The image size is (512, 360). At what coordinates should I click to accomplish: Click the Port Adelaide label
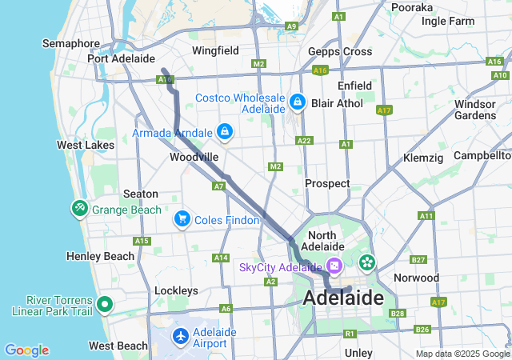(x=121, y=58)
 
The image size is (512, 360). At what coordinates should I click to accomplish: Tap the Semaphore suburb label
(x=71, y=43)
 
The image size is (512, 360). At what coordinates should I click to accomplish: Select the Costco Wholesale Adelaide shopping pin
(x=298, y=102)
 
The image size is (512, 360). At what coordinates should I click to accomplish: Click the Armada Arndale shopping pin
(x=225, y=131)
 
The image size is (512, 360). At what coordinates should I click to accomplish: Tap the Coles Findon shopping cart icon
(x=182, y=218)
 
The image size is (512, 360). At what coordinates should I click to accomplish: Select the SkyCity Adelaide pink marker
(x=334, y=266)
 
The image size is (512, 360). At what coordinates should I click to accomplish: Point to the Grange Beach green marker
(x=79, y=209)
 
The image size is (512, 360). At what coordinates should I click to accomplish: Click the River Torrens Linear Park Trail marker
(x=105, y=304)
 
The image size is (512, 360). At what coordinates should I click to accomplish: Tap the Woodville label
(x=194, y=158)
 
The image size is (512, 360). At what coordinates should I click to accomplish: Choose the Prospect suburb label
(x=327, y=183)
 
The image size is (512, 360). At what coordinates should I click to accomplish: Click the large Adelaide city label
(x=343, y=298)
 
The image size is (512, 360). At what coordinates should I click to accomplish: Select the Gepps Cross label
(x=340, y=51)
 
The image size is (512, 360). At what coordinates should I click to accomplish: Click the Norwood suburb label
(x=416, y=278)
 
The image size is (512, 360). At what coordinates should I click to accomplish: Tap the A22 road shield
(x=304, y=140)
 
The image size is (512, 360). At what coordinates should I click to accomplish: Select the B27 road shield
(x=418, y=259)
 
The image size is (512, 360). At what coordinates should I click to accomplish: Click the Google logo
(x=26, y=350)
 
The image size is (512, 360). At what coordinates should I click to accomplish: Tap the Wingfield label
(x=215, y=50)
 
